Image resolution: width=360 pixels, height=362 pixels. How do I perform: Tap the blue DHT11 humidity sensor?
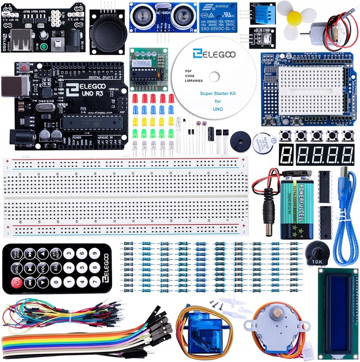pyautogui.click(x=260, y=16)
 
